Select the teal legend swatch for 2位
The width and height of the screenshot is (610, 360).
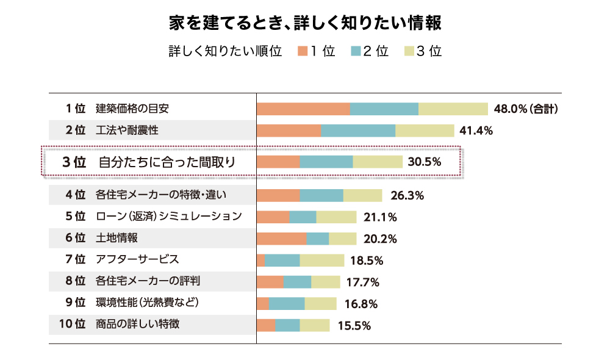(x=356, y=51)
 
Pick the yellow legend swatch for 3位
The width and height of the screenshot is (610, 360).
(x=409, y=51)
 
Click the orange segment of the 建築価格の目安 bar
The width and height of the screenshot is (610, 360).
(x=303, y=109)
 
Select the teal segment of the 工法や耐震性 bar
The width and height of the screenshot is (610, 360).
(x=358, y=131)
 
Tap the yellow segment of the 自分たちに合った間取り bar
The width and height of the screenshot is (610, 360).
(x=378, y=162)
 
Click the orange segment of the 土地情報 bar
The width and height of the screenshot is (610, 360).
(x=281, y=239)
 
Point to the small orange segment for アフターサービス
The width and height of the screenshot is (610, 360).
(x=260, y=261)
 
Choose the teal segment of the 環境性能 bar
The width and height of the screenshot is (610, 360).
(x=287, y=304)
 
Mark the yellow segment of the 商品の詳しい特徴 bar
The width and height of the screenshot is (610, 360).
(x=315, y=325)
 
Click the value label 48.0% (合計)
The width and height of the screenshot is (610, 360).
(x=526, y=109)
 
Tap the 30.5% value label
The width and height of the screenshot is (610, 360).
(x=424, y=162)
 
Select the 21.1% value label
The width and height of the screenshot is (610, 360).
(x=380, y=217)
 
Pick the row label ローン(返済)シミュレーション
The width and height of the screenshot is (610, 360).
(x=168, y=217)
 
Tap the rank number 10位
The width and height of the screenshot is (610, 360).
(x=72, y=325)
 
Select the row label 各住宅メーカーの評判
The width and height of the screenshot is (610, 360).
(x=148, y=281)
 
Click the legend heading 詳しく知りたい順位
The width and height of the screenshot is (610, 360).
(x=225, y=51)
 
